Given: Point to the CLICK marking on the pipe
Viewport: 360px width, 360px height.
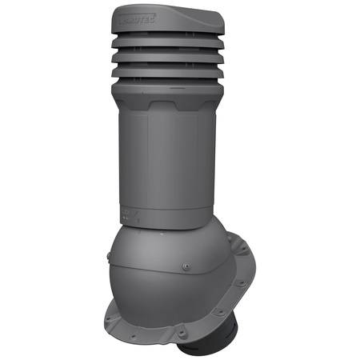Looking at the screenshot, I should click(x=128, y=213).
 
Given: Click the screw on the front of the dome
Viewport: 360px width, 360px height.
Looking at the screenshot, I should click(x=186, y=267).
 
